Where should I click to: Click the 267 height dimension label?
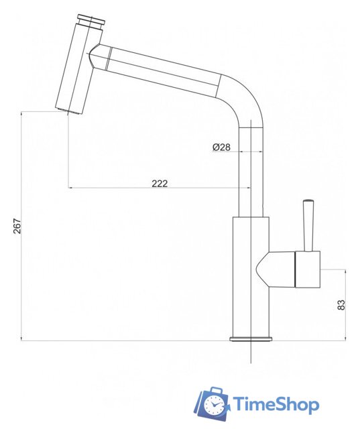point(17,226)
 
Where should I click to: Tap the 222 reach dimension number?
point(160,183)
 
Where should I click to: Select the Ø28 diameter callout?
point(221,147)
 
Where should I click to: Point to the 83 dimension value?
point(341,305)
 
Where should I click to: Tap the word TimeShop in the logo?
point(276,404)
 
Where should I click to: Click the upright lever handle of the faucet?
point(308,226)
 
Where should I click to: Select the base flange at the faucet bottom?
point(251,339)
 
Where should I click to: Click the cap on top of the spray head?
point(91,21)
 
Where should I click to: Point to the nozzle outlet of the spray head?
point(68,111)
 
